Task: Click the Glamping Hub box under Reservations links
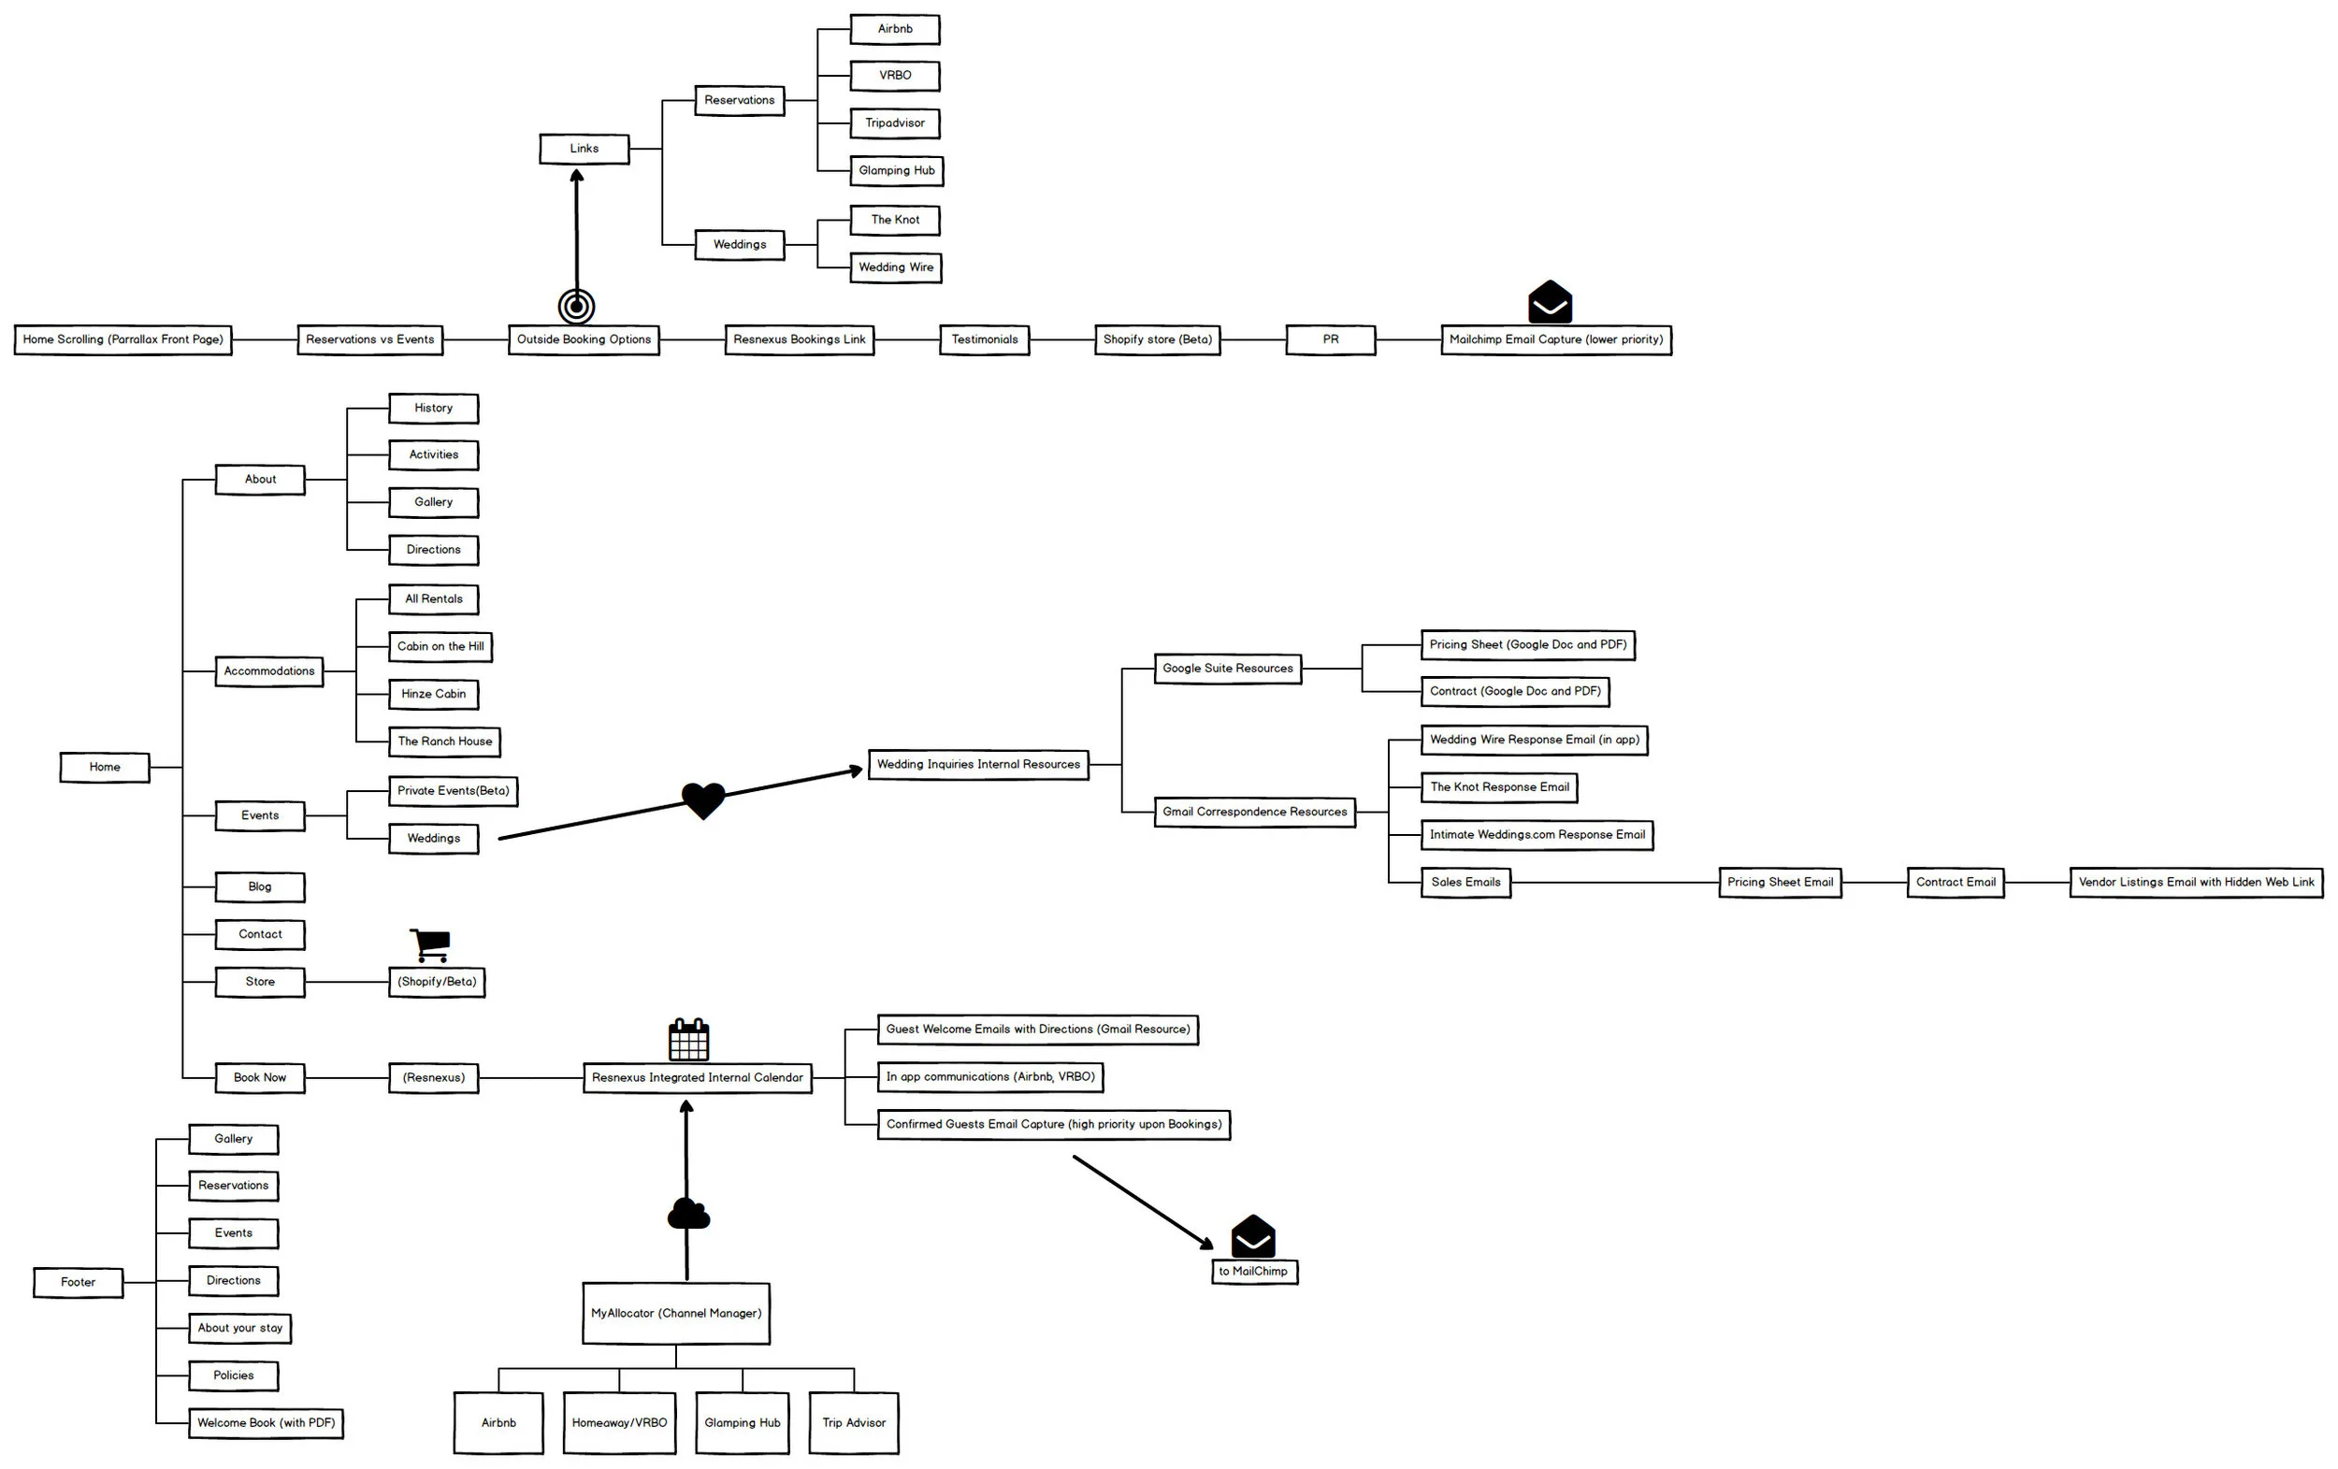pyautogui.click(x=895, y=171)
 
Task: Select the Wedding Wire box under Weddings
pyautogui.click(x=895, y=267)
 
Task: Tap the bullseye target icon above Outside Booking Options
pyautogui.click(x=576, y=306)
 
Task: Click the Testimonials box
pyautogui.click(x=984, y=339)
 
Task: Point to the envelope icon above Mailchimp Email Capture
pyautogui.click(x=1550, y=302)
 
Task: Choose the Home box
pyautogui.click(x=105, y=767)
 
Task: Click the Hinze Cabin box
pyautogui.click(x=433, y=694)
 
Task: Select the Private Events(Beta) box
pyautogui.click(x=453, y=790)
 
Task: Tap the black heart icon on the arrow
pyautogui.click(x=703, y=800)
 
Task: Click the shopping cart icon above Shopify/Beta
pyautogui.click(x=430, y=943)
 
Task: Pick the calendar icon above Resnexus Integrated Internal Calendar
pyautogui.click(x=688, y=1040)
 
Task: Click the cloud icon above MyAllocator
pyautogui.click(x=688, y=1214)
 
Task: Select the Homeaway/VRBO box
pyautogui.click(x=618, y=1422)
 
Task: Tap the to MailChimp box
pyautogui.click(x=1253, y=1271)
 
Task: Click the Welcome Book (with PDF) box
pyautogui.click(x=266, y=1423)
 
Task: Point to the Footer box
pyautogui.click(x=78, y=1283)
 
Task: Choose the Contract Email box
pyautogui.click(x=1955, y=883)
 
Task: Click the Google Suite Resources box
pyautogui.click(x=1227, y=669)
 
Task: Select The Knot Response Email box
pyautogui.click(x=1498, y=787)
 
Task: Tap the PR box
pyautogui.click(x=1330, y=339)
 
